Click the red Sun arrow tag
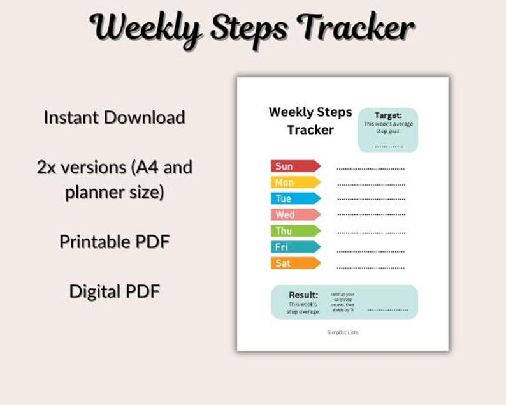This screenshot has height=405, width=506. pos(295,166)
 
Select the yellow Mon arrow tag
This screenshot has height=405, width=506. pos(295,182)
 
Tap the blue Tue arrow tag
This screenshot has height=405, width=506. pos(295,198)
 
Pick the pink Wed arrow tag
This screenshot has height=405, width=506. pos(295,214)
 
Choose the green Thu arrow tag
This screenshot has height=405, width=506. pos(295,231)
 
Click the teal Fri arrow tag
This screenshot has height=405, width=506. pos(295,247)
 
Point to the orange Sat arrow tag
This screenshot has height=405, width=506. pos(295,263)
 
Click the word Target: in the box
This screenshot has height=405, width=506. pos(388,115)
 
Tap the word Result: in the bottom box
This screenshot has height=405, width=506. pos(303,295)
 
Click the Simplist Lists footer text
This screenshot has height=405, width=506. pos(343,332)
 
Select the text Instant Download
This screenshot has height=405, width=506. pos(115,118)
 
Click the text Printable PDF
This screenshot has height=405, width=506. pos(115,242)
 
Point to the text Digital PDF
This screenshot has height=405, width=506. pos(115,291)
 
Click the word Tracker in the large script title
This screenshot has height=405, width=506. pos(358,28)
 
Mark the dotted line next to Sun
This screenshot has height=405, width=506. pos(371,169)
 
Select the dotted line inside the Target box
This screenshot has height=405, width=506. pos(388,147)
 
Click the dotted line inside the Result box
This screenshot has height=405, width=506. pos(387,310)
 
